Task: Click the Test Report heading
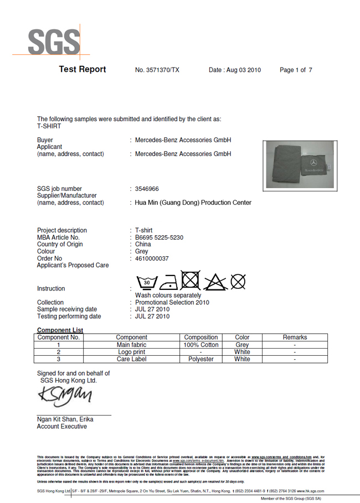tap(82, 70)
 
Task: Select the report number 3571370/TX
tap(157, 70)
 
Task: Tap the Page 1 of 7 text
tap(296, 70)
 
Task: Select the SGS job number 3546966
tap(147, 189)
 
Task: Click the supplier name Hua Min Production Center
tap(193, 203)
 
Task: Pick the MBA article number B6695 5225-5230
tap(159, 237)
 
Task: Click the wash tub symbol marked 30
tap(147, 282)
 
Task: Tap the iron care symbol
tap(168, 282)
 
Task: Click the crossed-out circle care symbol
tap(238, 282)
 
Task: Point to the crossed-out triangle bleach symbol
tap(214, 282)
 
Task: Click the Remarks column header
tap(295, 338)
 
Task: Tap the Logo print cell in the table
tap(131, 352)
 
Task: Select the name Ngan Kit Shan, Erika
tap(65, 419)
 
